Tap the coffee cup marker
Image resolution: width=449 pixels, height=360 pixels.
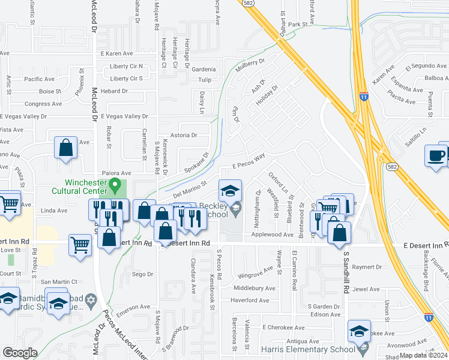[x=436, y=155]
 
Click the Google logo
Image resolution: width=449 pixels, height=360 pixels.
[x=19, y=353]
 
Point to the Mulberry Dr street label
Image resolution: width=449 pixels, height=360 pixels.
[x=250, y=65]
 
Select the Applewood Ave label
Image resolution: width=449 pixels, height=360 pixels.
[x=273, y=235]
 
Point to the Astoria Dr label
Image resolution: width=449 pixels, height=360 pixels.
[x=184, y=136]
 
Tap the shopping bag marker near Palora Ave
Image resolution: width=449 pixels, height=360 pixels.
[x=65, y=148]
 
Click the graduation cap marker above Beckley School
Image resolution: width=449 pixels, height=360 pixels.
[x=230, y=190]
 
